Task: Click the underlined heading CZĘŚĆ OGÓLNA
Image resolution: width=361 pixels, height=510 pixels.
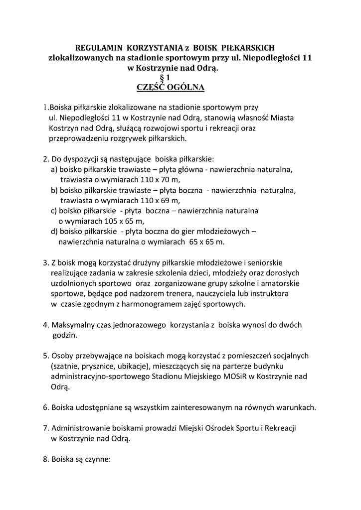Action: coord(164,88)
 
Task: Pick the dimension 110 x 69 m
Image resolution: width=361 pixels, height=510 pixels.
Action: coord(154,201)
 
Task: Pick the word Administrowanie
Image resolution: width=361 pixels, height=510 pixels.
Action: coord(79,428)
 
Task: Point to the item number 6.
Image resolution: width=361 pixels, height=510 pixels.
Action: coord(45,407)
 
